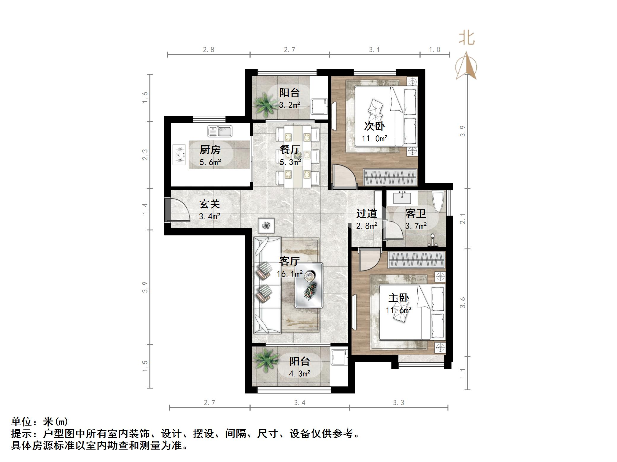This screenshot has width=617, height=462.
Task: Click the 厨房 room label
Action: [210, 150]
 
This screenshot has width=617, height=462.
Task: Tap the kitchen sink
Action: [220, 131]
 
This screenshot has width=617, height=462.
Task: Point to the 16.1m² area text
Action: [290, 274]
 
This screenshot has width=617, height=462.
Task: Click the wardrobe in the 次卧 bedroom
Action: [390, 177]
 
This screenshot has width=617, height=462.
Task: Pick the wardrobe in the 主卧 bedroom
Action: [416, 260]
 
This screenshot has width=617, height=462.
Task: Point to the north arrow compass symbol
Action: [467, 67]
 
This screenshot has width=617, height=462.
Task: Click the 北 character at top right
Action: [467, 39]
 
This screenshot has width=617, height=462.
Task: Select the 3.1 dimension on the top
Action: [374, 50]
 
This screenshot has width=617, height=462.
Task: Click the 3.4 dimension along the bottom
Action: [299, 402]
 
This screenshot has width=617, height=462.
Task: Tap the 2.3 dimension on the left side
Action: [145, 155]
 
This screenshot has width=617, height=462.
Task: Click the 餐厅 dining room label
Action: [290, 150]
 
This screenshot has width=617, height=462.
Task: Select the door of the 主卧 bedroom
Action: [369, 260]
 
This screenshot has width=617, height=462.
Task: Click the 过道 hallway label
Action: [367, 214]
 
